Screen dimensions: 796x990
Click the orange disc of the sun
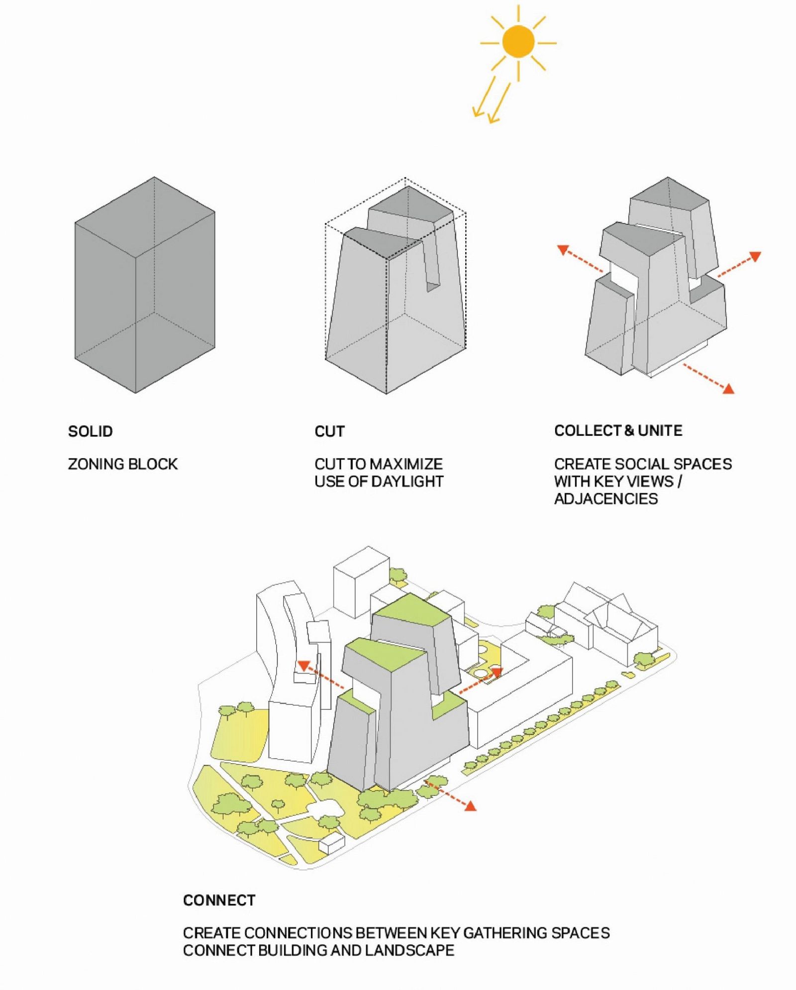tap(518, 42)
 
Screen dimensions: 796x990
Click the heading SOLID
tap(91, 431)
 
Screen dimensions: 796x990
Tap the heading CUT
tap(329, 431)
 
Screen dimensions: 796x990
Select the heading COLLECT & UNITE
tap(618, 431)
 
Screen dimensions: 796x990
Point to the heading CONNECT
tap(219, 900)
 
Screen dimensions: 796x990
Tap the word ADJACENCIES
tap(606, 499)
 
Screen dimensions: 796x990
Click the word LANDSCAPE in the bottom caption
tap(409, 950)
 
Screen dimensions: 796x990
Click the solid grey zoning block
tap(145, 285)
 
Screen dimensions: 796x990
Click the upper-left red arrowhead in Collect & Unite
tap(563, 250)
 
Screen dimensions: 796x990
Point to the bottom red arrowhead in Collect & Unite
tap(728, 389)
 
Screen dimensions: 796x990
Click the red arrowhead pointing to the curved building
tap(303, 666)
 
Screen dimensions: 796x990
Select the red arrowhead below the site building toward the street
tap(470, 805)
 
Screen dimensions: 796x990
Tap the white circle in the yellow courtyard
tap(480, 674)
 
